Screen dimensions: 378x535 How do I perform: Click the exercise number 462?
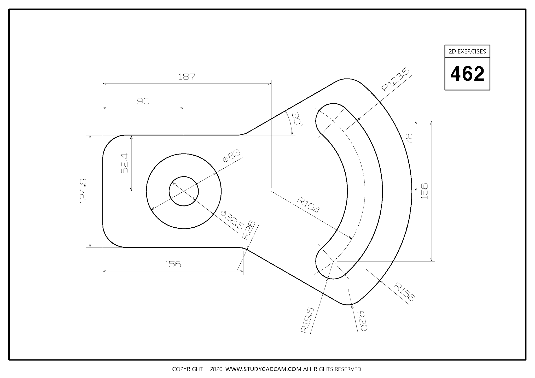tap(467, 74)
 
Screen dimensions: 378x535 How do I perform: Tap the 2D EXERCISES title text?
tap(467, 51)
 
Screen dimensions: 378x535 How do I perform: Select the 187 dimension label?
tap(187, 77)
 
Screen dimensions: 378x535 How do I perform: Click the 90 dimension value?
tap(143, 101)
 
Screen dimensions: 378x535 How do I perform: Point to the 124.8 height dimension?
tap(83, 191)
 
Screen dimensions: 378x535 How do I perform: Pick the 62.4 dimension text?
tap(125, 163)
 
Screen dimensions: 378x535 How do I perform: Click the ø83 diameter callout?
tap(231, 156)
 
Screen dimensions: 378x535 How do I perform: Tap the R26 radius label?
tap(248, 230)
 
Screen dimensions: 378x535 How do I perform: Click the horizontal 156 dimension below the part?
tap(173, 264)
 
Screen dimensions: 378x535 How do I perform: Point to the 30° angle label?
tap(297, 119)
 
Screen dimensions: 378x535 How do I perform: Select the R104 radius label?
tap(308, 205)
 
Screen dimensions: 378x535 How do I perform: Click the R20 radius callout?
tap(362, 321)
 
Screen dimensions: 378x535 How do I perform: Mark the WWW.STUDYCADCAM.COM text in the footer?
tap(263, 369)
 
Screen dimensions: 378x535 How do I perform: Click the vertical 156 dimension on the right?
tap(425, 191)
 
